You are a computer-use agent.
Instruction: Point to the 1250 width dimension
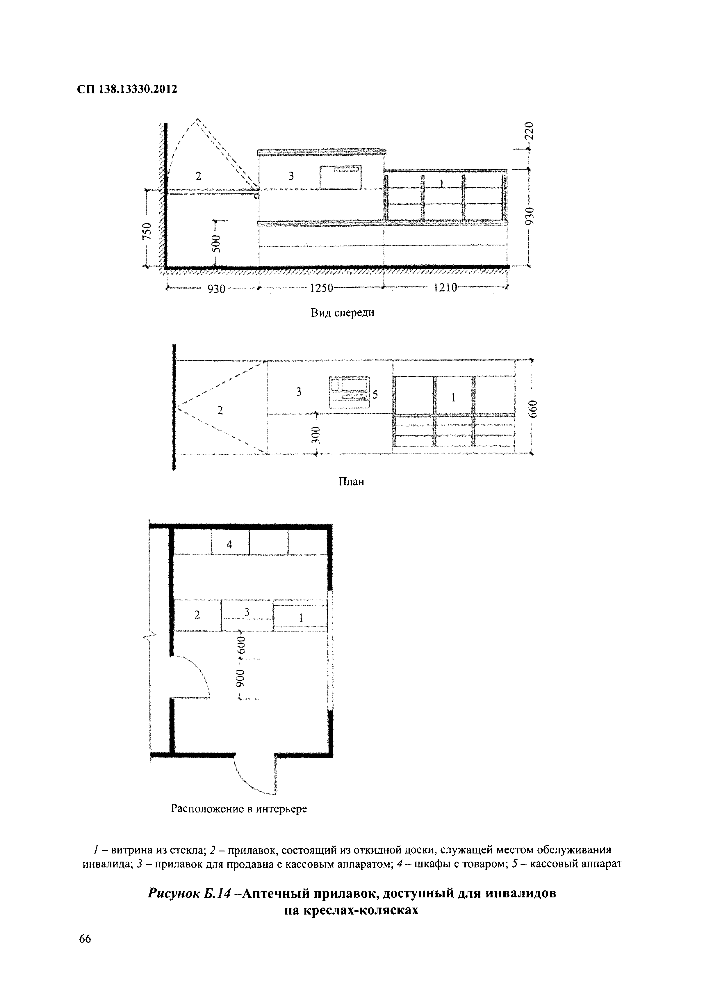321,288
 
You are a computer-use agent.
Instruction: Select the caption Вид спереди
343,313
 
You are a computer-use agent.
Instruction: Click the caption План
351,481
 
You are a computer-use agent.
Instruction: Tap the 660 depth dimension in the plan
533,409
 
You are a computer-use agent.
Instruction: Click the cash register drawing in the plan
350,392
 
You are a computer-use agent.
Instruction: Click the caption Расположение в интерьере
239,809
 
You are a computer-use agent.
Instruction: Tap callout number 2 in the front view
199,176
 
